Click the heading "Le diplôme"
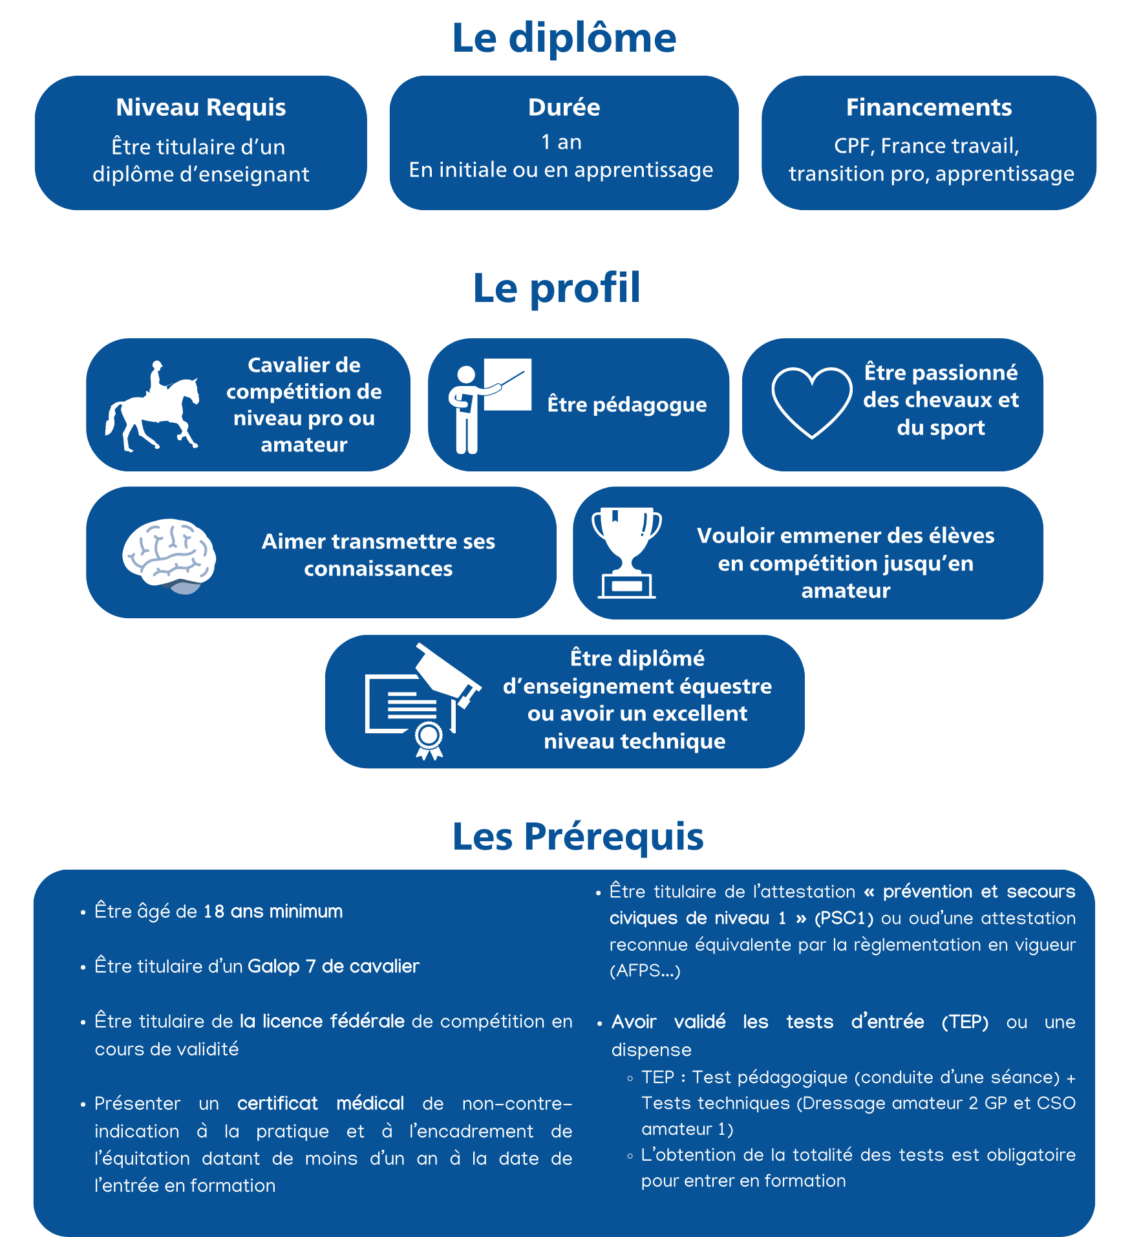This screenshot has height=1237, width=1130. pos(564,38)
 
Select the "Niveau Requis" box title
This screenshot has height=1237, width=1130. pos(201,107)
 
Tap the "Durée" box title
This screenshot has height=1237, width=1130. pos(564,107)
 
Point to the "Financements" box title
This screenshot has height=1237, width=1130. pos(928,107)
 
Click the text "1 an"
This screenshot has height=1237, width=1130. pos(561,142)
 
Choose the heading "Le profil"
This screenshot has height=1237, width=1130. pos(557,288)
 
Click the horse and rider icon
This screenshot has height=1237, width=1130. pos(153,405)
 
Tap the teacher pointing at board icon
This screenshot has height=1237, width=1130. pos(489,405)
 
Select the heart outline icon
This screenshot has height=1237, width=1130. pos(811,402)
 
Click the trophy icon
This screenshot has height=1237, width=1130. pos(626,553)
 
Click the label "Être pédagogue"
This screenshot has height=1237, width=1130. pos(627,405)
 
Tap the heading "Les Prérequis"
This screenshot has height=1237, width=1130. pos(577,836)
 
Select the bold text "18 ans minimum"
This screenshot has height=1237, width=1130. pos(273,912)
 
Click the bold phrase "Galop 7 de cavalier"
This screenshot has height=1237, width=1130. pos(334,967)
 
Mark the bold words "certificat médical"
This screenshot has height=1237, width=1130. pos(321,1103)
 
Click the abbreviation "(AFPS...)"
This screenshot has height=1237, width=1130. pos(645,971)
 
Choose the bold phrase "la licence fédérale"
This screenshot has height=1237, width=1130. pos(322,1022)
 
